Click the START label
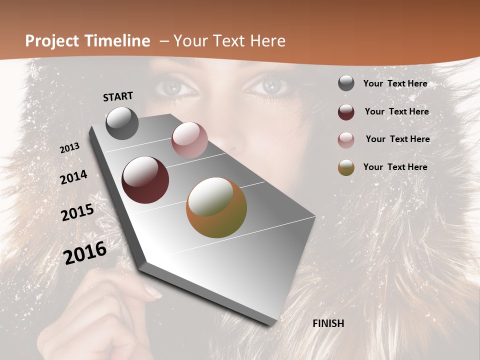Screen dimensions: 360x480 (118, 96)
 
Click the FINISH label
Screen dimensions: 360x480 (328, 323)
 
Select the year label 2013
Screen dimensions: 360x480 (69, 148)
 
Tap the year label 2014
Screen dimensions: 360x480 (73, 177)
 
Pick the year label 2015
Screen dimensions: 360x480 (77, 212)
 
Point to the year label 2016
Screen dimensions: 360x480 (85, 252)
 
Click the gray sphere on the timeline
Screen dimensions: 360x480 (122, 123)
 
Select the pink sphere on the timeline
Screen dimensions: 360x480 (189, 140)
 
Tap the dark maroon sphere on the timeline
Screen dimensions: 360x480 (145, 180)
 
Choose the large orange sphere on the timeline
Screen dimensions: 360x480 (216, 207)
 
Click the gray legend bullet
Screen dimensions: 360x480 (346, 83)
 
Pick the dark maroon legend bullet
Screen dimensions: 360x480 (346, 111)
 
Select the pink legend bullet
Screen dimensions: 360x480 (346, 139)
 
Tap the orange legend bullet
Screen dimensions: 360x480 (346, 167)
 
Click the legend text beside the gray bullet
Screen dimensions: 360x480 (395, 83)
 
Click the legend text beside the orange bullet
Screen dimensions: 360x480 (395, 167)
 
